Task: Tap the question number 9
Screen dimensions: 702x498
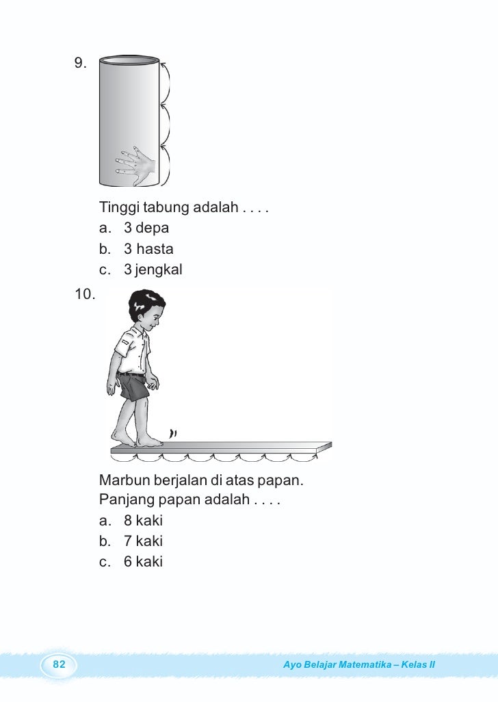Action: [80, 64]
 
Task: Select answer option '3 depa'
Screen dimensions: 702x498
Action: [146, 228]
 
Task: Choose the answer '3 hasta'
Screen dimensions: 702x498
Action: [148, 249]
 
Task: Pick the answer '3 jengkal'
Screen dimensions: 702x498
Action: [153, 270]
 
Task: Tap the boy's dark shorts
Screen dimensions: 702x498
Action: [133, 387]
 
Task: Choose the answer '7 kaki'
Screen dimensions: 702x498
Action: [143, 541]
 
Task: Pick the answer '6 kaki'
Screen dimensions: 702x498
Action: [143, 562]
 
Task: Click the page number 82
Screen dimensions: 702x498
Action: [59, 664]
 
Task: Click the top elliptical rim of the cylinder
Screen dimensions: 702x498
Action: [130, 58]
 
